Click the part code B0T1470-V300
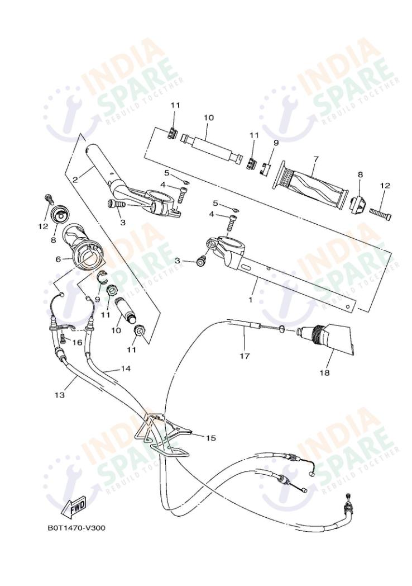coord(76,527)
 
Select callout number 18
coord(325,372)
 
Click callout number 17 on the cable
coord(245,355)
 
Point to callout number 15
coord(210,438)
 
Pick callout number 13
coord(60,395)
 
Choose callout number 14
coord(125,369)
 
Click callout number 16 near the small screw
coord(77,342)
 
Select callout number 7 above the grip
coord(316,159)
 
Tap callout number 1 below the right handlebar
coord(250,300)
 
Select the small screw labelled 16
coord(63,337)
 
